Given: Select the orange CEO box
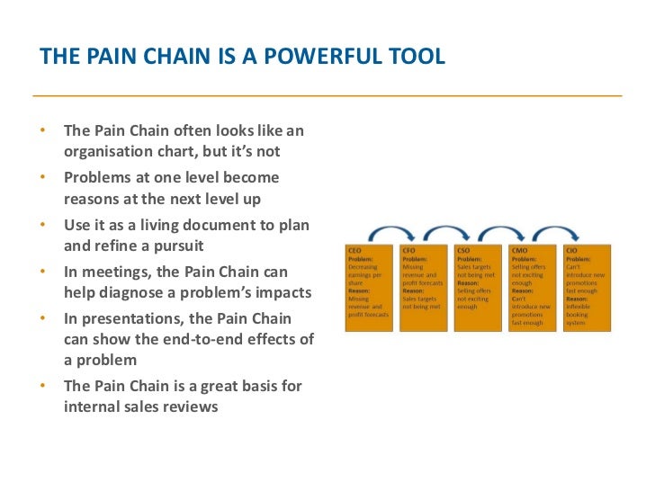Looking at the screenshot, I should click(370, 287).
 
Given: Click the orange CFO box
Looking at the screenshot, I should click(424, 287).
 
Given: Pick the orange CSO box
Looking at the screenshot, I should click(478, 287).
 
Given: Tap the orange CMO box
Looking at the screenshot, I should click(532, 287).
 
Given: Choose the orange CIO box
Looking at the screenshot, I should click(587, 287).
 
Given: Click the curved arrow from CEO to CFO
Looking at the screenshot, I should click(397, 230).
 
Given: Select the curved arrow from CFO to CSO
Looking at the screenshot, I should click(451, 230).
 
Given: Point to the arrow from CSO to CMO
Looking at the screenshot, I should click(505, 230).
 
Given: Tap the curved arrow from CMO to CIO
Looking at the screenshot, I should click(559, 230).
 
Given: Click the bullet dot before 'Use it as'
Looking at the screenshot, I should click(43, 224).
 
